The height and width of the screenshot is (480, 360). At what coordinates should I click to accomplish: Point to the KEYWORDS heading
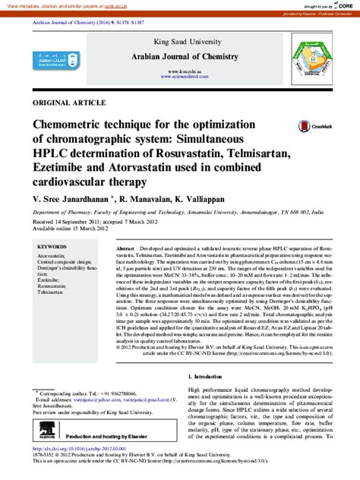tap(52, 247)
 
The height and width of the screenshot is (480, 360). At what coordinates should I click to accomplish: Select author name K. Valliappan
tap(203, 197)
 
